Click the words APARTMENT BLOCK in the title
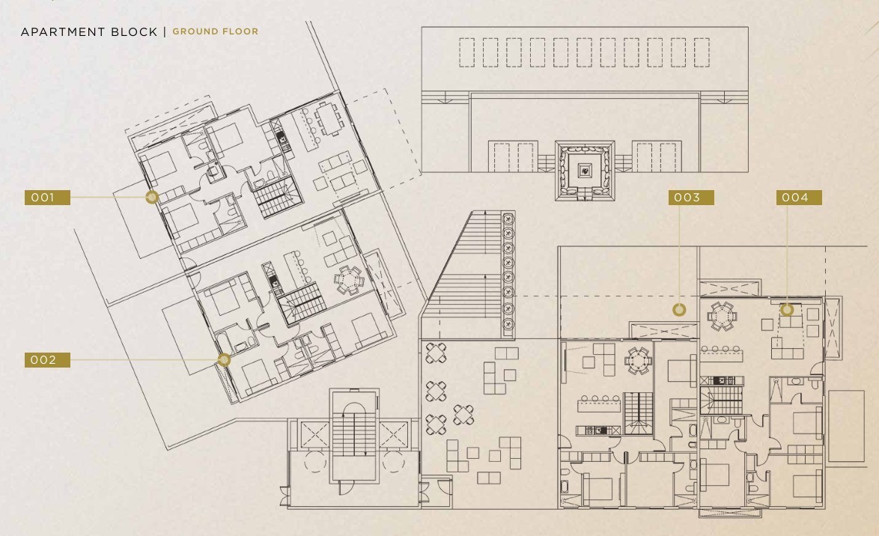[89, 32]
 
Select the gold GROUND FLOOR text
[216, 32]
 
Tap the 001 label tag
[47, 198]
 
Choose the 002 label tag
[47, 360]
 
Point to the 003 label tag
[691, 198]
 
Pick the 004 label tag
[799, 198]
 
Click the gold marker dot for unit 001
[152, 197]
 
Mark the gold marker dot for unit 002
[224, 359]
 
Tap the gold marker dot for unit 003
[679, 309]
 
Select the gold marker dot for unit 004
[787, 309]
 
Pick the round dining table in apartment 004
[722, 316]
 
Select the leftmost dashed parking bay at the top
[466, 52]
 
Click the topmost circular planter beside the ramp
[508, 218]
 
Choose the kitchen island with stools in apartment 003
[599, 403]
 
